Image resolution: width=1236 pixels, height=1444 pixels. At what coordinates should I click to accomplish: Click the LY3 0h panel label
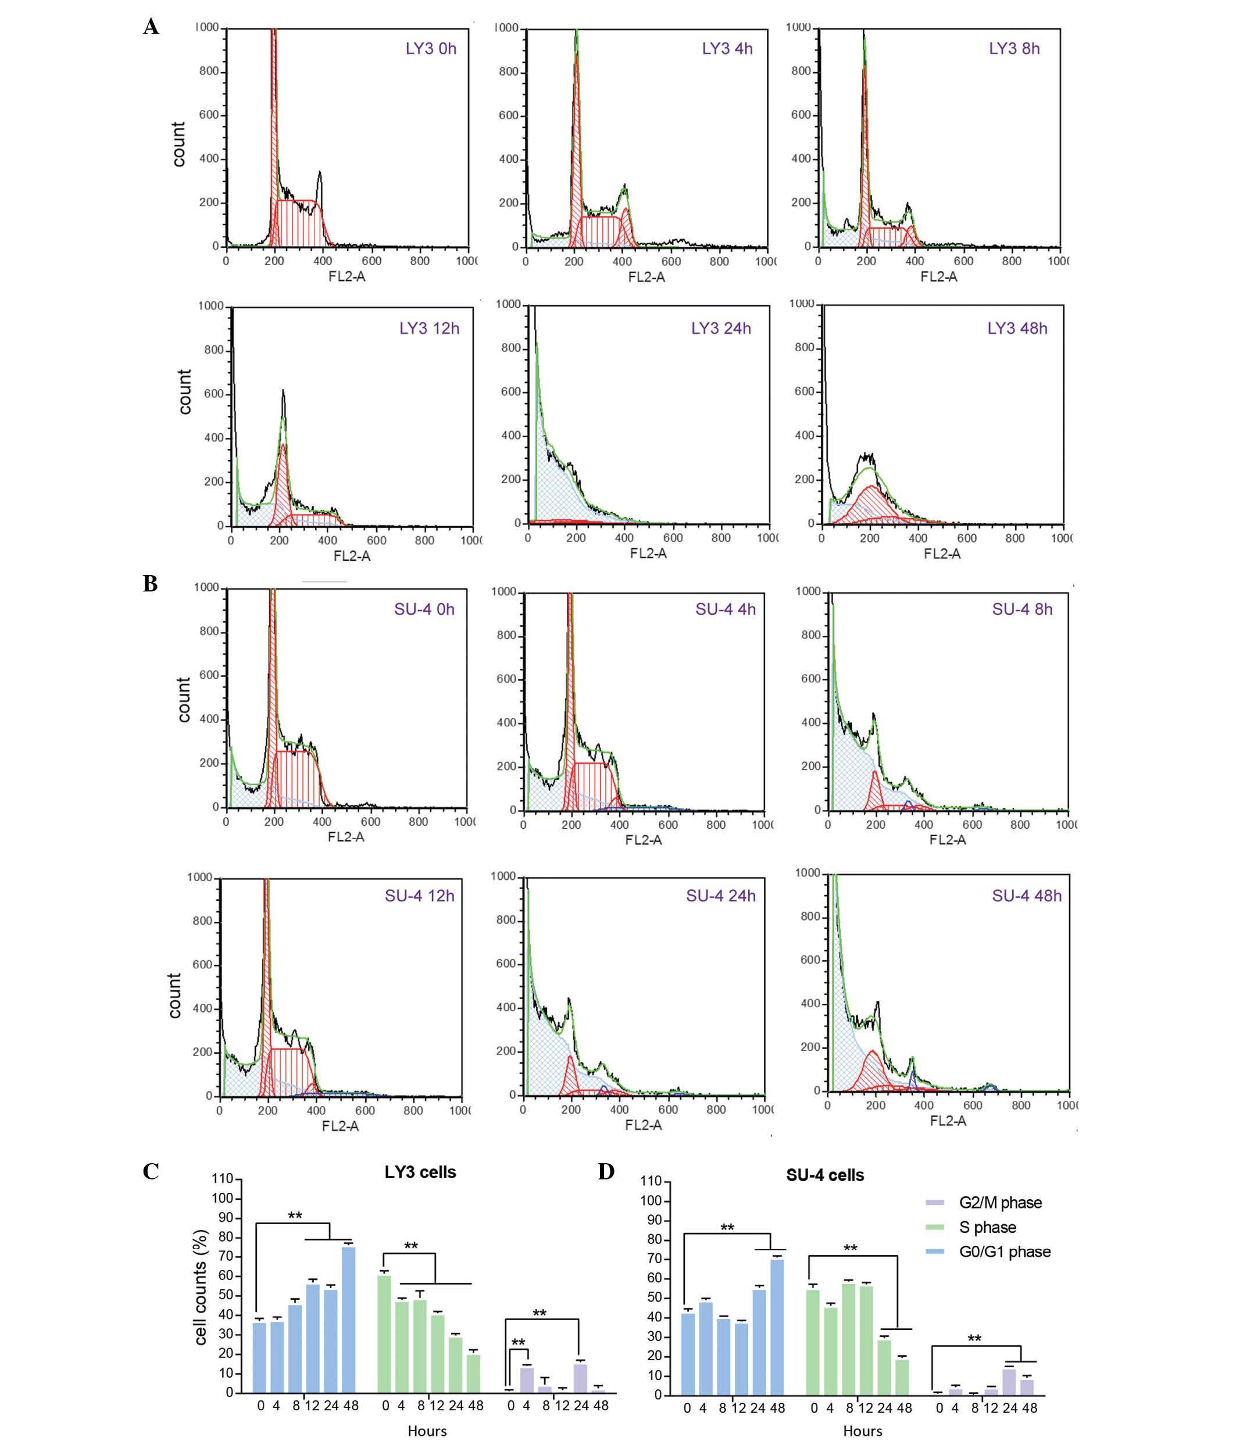click(x=431, y=49)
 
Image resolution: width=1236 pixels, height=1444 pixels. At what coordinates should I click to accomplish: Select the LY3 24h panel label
click(x=721, y=328)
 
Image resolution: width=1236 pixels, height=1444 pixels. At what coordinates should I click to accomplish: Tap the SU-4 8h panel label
click(x=1022, y=609)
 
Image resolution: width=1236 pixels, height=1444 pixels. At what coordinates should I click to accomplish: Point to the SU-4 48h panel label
click(x=1027, y=896)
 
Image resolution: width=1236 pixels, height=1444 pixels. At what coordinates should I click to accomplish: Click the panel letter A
click(x=151, y=27)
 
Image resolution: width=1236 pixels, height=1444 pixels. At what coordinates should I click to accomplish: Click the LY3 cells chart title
click(x=420, y=1172)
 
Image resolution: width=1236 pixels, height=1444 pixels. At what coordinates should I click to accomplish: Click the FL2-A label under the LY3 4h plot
click(x=646, y=277)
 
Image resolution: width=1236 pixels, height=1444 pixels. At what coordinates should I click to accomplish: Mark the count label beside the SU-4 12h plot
click(x=175, y=995)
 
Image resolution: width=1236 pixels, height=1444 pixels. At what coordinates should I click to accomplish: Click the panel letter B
click(x=151, y=583)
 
